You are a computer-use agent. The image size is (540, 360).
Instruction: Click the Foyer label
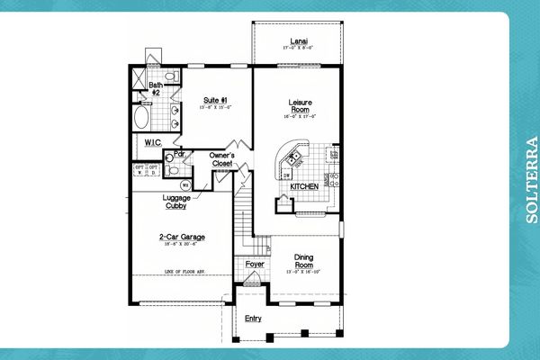[255, 265]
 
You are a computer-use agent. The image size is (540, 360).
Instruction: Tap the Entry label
[254, 318]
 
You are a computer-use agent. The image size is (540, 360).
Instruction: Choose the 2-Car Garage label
[180, 238]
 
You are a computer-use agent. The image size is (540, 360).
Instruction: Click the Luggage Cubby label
[176, 202]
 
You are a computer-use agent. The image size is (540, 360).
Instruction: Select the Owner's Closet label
[222, 160]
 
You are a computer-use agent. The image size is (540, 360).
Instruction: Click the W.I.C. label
[150, 142]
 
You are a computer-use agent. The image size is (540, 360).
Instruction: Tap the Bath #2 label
[156, 88]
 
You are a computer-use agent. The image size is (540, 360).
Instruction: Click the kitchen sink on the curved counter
[293, 159]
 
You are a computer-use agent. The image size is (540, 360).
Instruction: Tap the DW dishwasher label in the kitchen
[286, 176]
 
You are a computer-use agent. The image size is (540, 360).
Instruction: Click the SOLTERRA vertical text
[530, 180]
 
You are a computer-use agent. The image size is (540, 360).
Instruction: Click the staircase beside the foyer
[242, 220]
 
